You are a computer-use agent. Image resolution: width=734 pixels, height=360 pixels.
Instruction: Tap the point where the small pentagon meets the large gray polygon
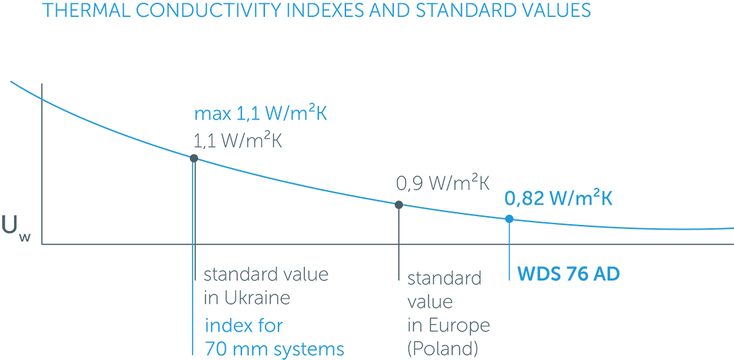pyautogui.click(x=43, y=99)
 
